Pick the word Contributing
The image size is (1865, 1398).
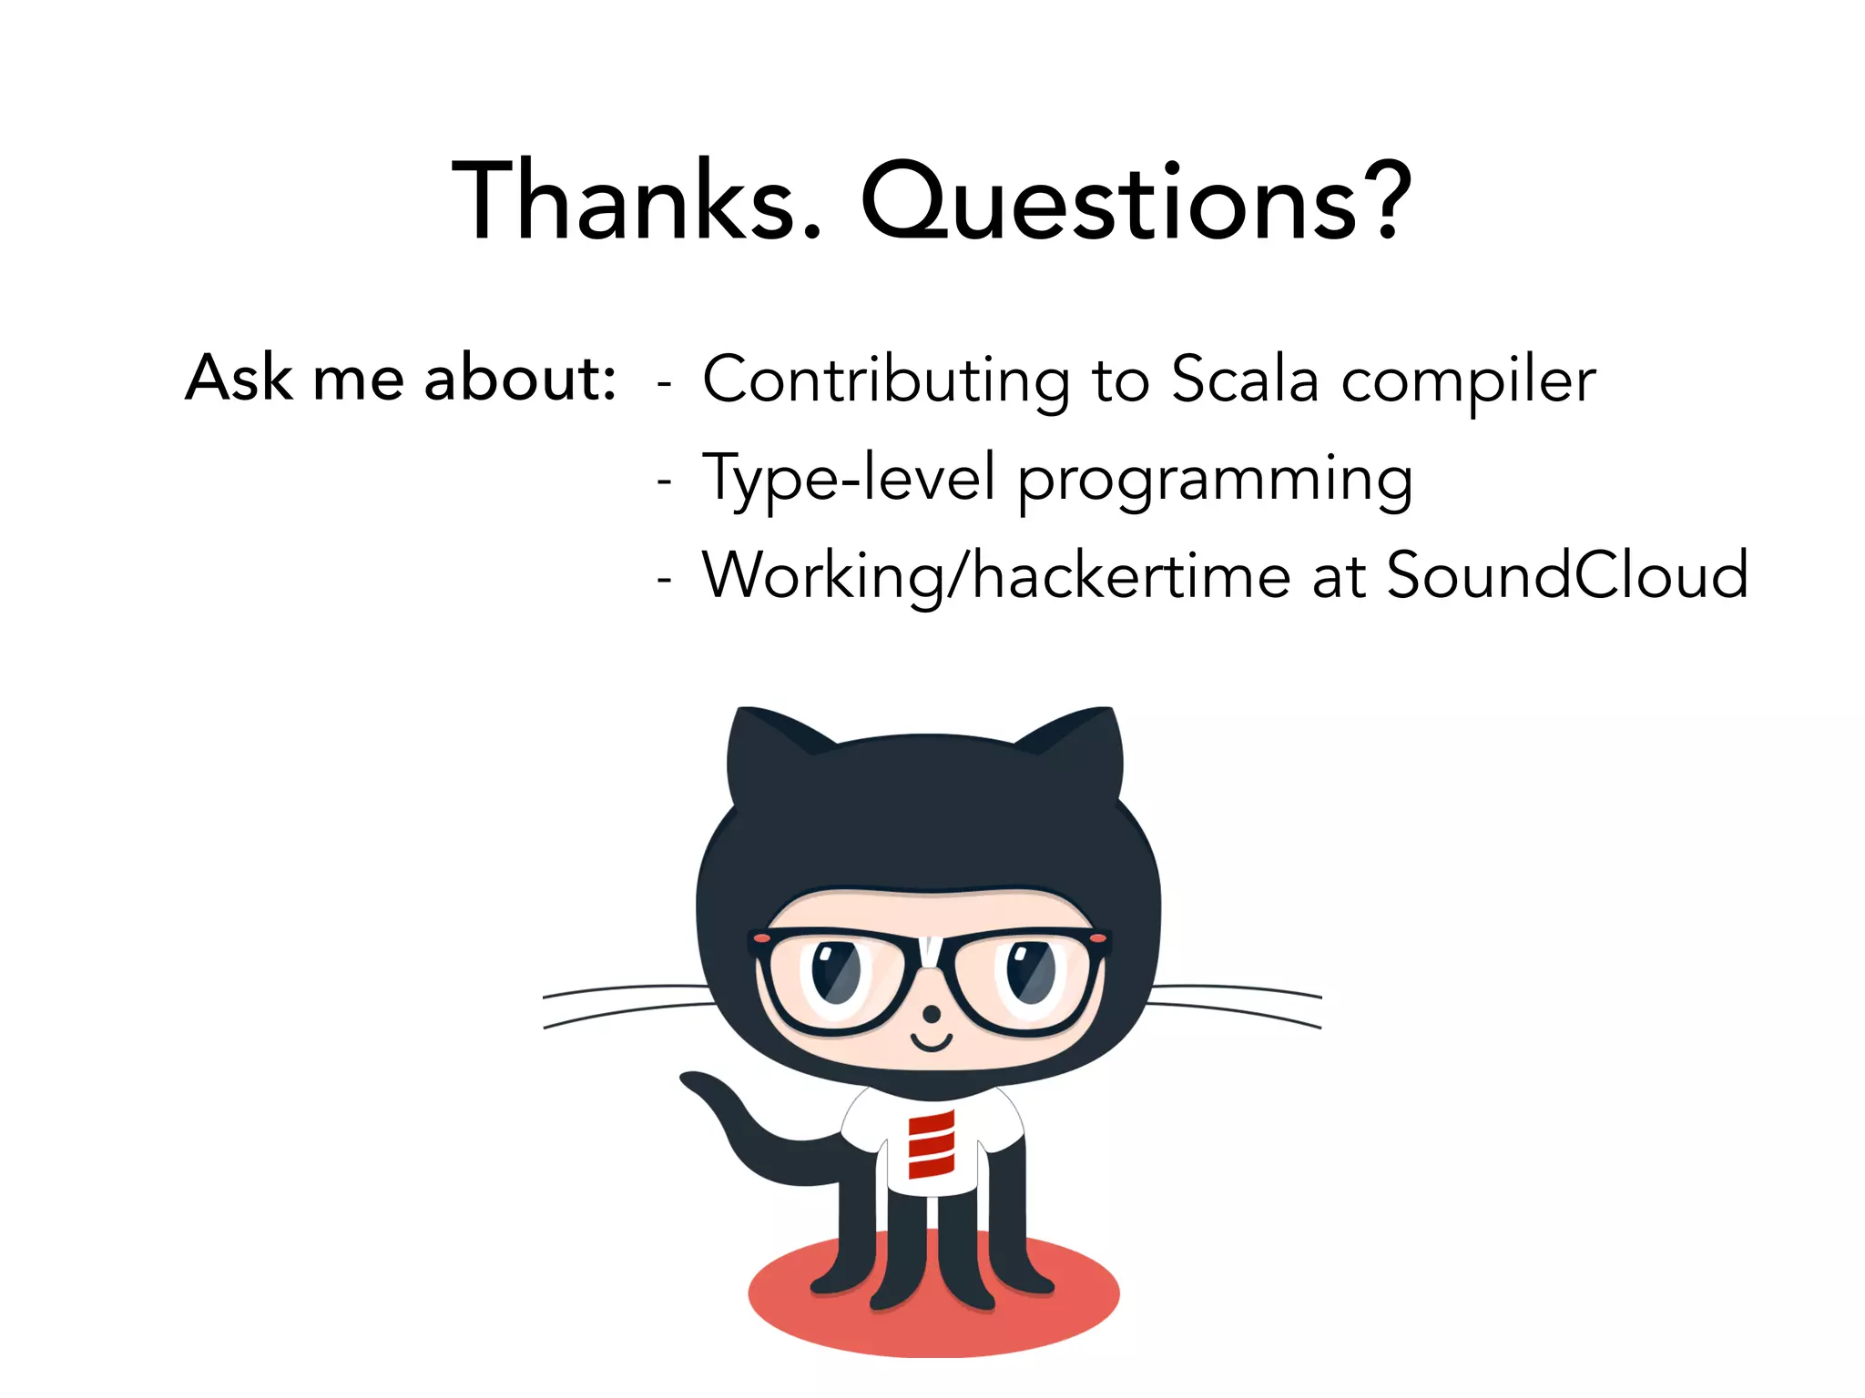coord(885,380)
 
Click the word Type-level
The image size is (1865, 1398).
coord(848,479)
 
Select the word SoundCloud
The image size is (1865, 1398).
coord(1566,575)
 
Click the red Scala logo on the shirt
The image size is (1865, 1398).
coord(931,1144)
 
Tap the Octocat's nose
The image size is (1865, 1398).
coord(932,1013)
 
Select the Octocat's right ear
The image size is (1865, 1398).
coord(1079,755)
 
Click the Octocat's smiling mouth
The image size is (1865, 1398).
coord(932,1042)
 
